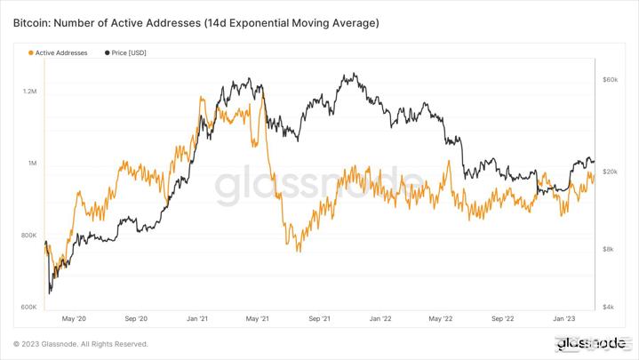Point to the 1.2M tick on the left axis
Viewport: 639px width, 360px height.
(x=29, y=92)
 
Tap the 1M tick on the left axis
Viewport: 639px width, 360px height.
(x=32, y=164)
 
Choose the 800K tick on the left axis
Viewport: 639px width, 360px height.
(x=28, y=236)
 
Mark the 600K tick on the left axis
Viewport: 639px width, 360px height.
(x=28, y=308)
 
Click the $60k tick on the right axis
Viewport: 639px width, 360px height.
(x=610, y=80)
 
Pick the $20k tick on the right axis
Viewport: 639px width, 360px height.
(x=610, y=172)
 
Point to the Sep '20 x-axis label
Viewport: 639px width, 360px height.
(x=136, y=317)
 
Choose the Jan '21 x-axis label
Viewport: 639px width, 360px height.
(x=197, y=317)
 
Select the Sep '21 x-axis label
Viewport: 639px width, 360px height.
(x=320, y=317)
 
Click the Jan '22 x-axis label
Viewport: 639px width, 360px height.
(x=381, y=317)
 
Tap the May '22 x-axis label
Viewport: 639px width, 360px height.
(x=441, y=317)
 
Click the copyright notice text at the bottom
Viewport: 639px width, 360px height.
(x=81, y=344)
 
